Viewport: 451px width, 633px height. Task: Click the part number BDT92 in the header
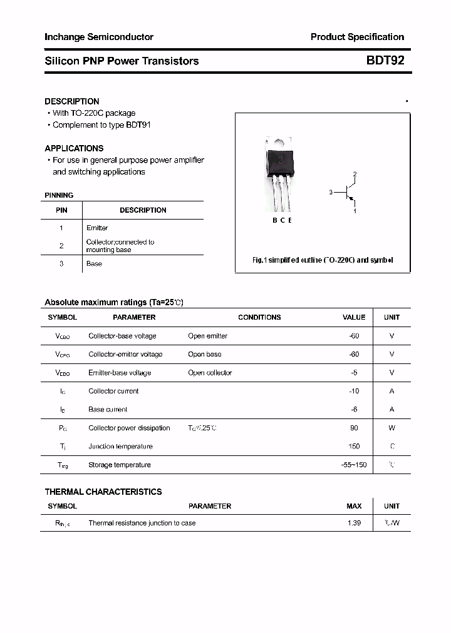tap(385, 61)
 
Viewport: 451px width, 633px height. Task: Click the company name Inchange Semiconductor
tap(99, 37)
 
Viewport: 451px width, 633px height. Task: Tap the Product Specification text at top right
tap(357, 37)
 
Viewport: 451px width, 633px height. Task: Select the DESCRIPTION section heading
tap(72, 101)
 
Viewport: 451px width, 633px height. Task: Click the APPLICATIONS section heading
tap(74, 148)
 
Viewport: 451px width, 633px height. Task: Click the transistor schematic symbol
tap(346, 193)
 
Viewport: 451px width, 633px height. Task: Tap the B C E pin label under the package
tap(282, 220)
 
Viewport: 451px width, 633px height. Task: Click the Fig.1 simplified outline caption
tap(323, 260)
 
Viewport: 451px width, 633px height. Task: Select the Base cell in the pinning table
tap(94, 264)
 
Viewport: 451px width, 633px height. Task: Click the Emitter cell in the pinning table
tap(97, 228)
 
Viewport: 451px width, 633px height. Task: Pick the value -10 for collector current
tap(354, 391)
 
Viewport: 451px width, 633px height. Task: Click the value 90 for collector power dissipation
tap(355, 428)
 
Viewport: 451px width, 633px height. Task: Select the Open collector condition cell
tap(210, 373)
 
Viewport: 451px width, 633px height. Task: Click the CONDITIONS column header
tap(259, 317)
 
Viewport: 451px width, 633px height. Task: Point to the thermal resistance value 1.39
tap(354, 523)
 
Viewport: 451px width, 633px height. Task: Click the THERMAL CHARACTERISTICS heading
tap(103, 492)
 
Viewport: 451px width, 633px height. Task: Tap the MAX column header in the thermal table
tap(354, 506)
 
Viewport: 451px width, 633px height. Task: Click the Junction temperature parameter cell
tap(120, 447)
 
